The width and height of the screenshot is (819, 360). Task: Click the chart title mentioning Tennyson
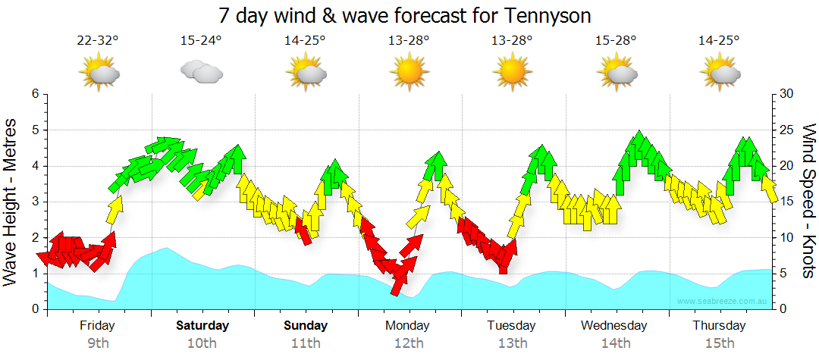tap(404, 15)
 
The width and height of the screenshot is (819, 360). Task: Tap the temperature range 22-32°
tap(98, 41)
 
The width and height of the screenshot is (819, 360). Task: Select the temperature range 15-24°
tap(201, 41)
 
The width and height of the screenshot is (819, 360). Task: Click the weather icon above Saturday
tap(201, 72)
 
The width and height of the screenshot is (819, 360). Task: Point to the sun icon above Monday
tap(409, 73)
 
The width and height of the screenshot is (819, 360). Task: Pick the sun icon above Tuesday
tap(512, 73)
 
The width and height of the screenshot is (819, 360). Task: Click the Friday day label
tap(97, 326)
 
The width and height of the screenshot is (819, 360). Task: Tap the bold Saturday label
tap(202, 326)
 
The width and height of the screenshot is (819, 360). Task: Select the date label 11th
tap(306, 343)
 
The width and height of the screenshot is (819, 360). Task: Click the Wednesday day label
tap(615, 326)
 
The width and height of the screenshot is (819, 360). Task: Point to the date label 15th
tap(719, 343)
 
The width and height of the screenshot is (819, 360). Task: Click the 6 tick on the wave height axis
tap(35, 94)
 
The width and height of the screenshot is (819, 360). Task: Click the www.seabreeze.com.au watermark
tap(723, 302)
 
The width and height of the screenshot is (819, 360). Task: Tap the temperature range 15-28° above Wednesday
tap(616, 41)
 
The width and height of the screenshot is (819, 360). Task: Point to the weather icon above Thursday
tap(719, 73)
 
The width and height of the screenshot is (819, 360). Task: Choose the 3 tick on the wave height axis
tap(35, 202)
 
